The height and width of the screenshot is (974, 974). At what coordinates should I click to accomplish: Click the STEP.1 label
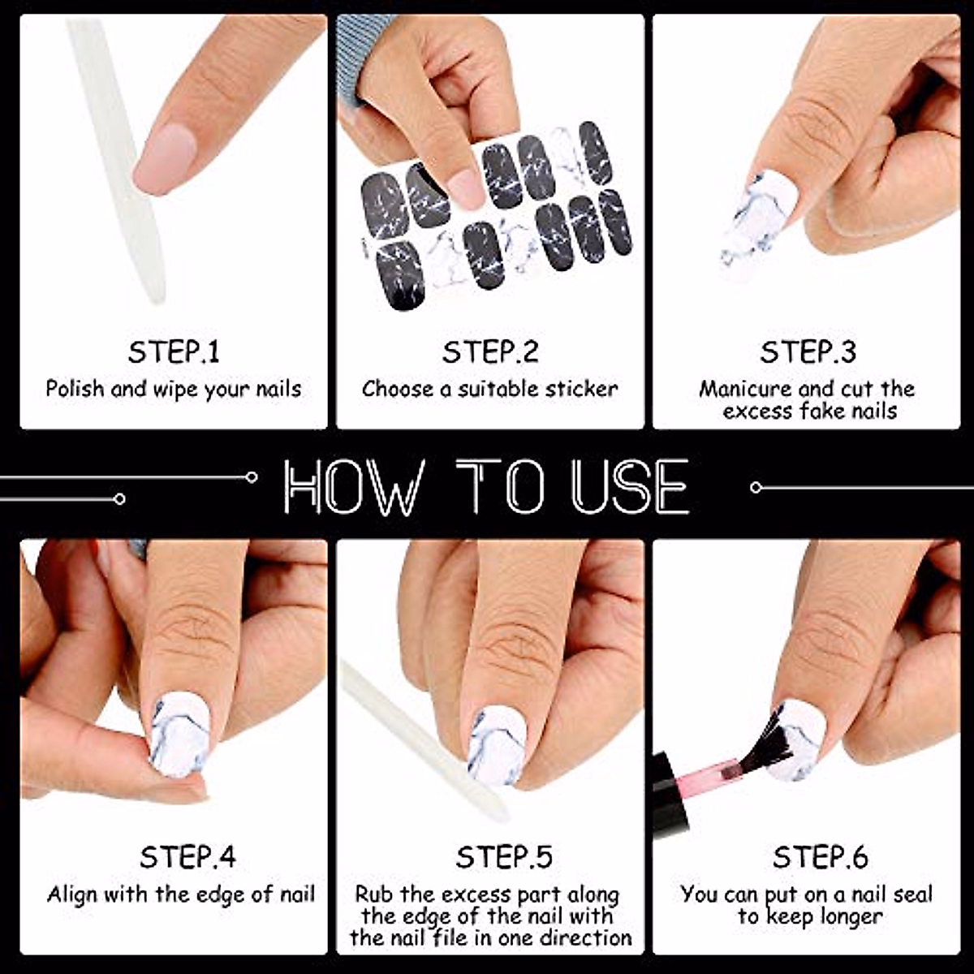(x=174, y=351)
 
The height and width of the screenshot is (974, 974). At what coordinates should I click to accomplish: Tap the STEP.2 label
(x=490, y=351)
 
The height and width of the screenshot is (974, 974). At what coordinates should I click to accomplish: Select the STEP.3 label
(x=808, y=351)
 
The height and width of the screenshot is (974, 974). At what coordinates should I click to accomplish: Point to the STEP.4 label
(x=187, y=857)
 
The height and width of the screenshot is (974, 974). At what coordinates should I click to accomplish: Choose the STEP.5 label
(x=504, y=857)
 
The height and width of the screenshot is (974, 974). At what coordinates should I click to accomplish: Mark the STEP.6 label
(x=821, y=857)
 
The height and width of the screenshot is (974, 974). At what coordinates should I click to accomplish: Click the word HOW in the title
(x=351, y=487)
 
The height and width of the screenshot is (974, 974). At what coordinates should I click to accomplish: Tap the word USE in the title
(x=629, y=487)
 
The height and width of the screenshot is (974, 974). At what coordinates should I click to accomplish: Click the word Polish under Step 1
(x=75, y=390)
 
